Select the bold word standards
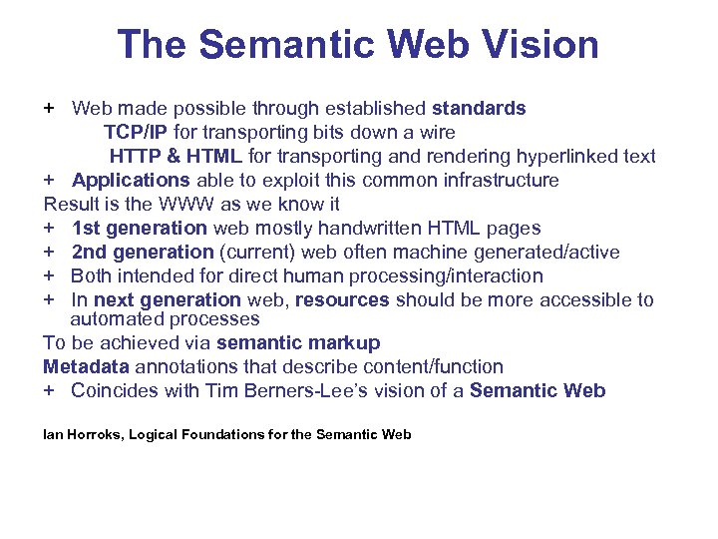(479, 108)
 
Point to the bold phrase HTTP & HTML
(176, 156)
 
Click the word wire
(436, 132)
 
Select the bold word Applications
(131, 180)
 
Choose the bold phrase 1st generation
(140, 229)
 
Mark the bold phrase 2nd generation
(143, 253)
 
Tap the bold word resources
(343, 299)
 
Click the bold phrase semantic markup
(298, 342)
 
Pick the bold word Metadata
(86, 366)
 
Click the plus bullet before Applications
(49, 180)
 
